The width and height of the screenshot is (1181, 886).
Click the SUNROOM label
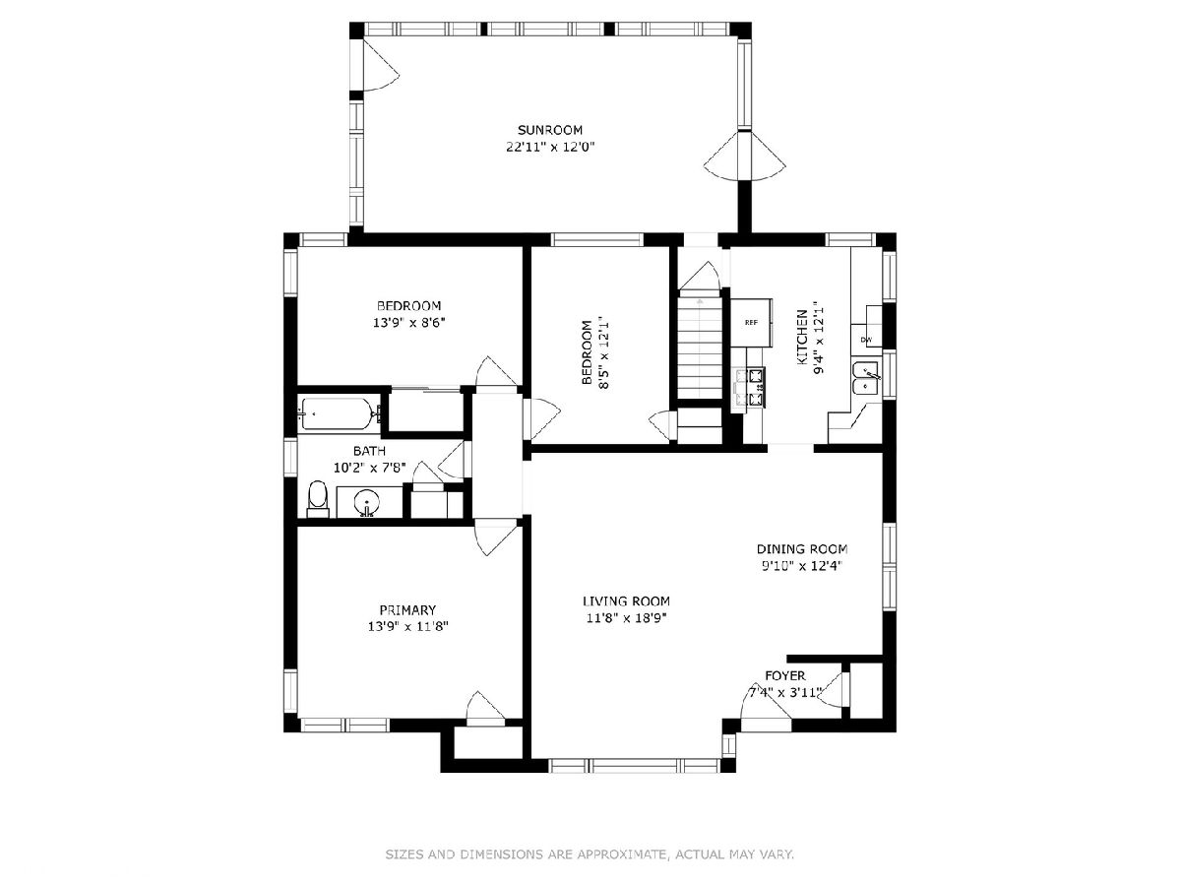coord(549,130)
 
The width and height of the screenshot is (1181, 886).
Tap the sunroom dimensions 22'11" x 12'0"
coord(550,147)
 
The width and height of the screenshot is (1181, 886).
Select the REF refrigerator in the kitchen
coord(751,323)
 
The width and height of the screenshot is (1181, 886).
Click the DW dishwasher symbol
coord(866,340)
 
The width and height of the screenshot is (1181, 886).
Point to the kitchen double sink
coord(866,380)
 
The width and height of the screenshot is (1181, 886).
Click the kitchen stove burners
coord(748,387)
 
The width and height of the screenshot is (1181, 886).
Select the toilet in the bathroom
coord(318,499)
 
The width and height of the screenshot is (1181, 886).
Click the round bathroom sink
coord(367,502)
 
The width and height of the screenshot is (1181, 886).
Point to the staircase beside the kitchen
coord(699,348)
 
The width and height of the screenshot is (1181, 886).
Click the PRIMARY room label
coord(407,610)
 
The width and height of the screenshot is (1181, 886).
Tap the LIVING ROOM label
coord(626,601)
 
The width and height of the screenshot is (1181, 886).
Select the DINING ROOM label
coord(802,548)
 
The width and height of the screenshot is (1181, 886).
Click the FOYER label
coord(785,675)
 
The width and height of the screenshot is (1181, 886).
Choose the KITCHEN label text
coord(802,338)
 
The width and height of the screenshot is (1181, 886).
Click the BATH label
coord(369,451)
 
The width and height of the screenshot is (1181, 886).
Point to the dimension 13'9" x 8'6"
coord(408,323)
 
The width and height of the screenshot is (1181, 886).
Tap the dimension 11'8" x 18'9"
coord(626,618)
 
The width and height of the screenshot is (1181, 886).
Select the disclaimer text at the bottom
coord(590,854)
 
